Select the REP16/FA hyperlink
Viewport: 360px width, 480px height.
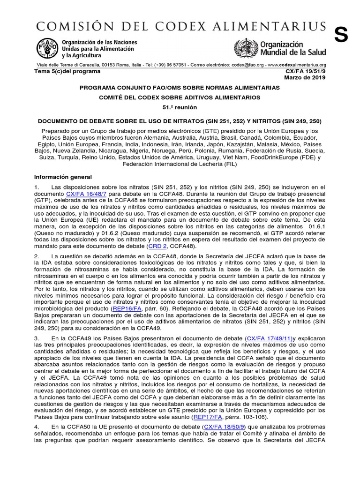click(127, 310)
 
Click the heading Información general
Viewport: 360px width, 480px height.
click(65, 177)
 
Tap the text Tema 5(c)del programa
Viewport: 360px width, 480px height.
click(67, 71)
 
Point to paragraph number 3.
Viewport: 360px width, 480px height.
click(36, 338)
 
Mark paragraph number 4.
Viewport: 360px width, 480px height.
click(36, 427)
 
